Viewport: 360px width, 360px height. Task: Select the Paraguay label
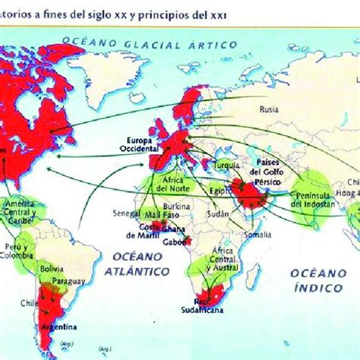coord(68,277)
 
